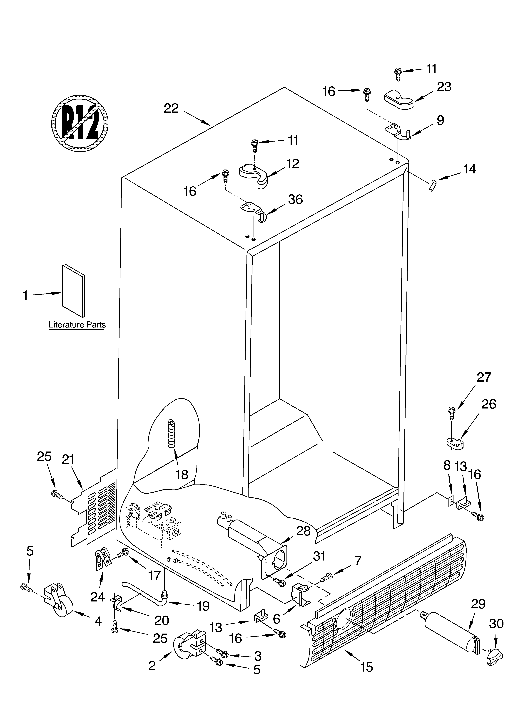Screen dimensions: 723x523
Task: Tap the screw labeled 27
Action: (x=451, y=413)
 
